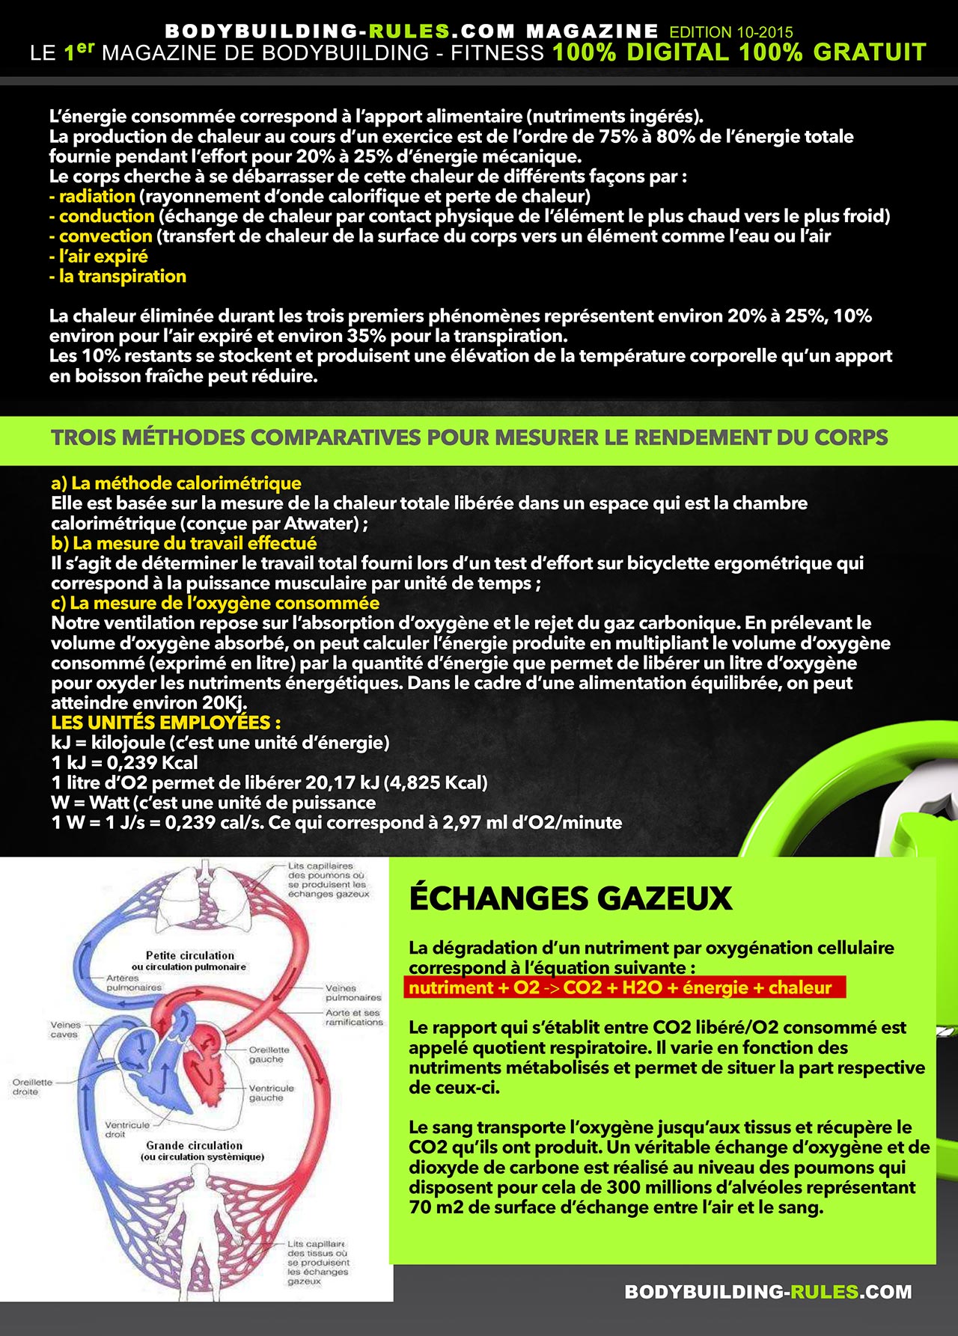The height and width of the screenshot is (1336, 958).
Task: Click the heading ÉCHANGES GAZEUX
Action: tap(570, 898)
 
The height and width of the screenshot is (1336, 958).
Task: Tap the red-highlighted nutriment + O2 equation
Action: tap(620, 987)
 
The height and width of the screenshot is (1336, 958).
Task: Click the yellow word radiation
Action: tap(97, 196)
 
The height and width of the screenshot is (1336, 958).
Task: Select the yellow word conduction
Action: tap(106, 216)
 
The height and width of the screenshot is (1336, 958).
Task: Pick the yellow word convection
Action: tap(106, 236)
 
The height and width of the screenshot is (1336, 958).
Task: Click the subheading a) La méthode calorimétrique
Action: tap(176, 483)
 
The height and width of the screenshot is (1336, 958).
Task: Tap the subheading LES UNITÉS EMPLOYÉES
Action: tap(165, 723)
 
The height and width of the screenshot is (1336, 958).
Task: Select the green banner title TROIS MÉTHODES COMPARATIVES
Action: tap(469, 438)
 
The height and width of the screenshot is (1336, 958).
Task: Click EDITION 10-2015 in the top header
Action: tap(731, 32)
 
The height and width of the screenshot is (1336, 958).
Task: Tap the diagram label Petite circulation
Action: tap(190, 955)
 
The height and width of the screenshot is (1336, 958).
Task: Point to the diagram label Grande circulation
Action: tap(195, 1145)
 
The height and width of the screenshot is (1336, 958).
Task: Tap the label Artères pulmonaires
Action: tap(133, 982)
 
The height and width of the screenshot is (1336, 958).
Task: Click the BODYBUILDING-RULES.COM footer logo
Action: tap(768, 1292)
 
